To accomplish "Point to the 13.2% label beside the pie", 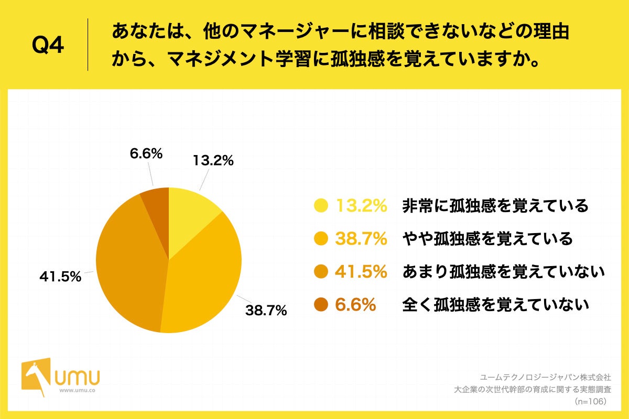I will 213,161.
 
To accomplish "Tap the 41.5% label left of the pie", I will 60,276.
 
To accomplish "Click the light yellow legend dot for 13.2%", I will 321,206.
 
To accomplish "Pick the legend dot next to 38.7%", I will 321,239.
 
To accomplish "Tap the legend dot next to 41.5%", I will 321,271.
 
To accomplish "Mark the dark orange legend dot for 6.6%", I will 321,304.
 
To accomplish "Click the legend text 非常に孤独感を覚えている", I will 495,206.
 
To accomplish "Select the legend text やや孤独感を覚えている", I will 487,239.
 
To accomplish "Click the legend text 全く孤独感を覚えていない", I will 495,304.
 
